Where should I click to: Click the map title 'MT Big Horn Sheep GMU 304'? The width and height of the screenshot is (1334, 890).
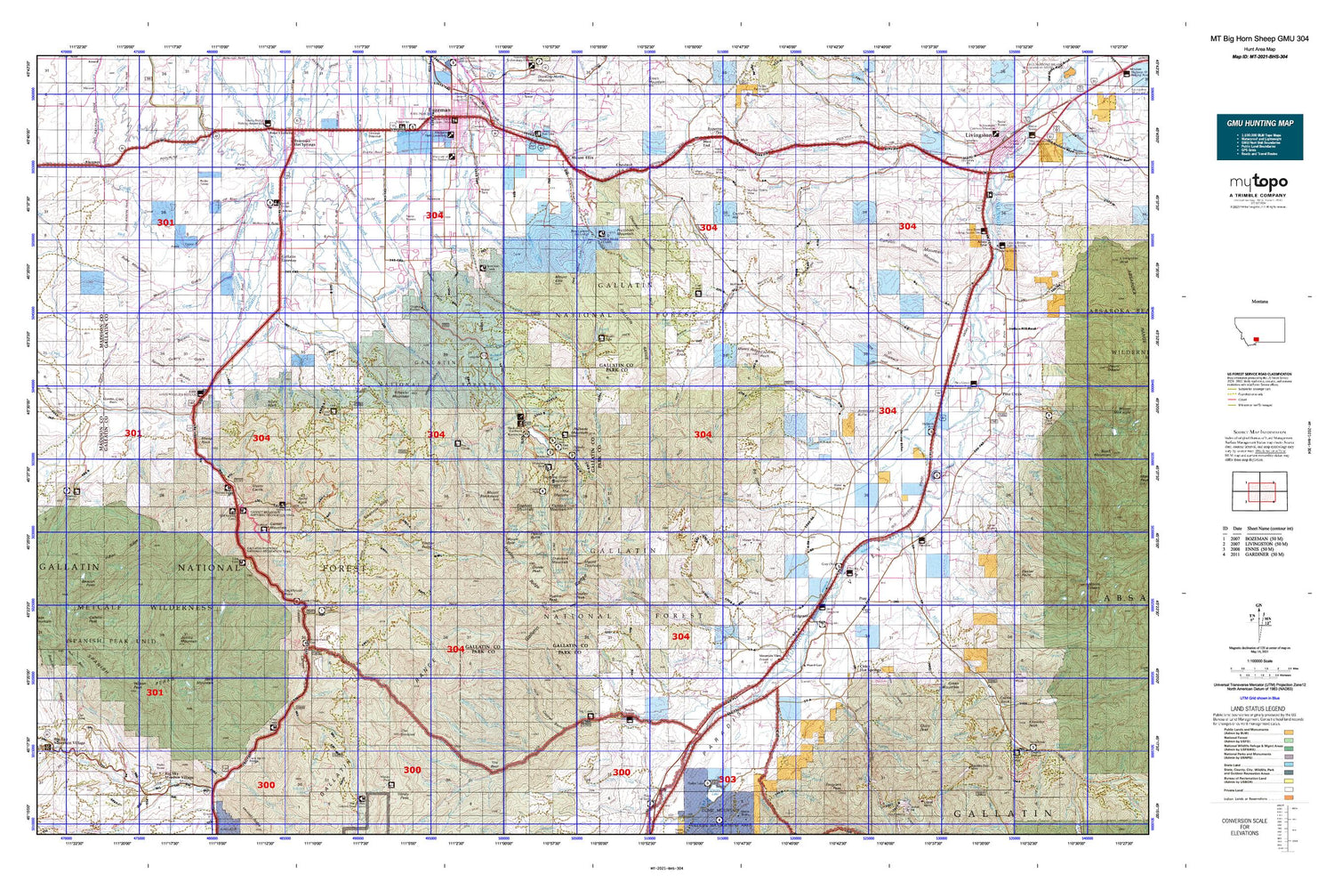point(1259,39)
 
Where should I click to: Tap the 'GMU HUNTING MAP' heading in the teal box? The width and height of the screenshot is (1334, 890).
point(1259,123)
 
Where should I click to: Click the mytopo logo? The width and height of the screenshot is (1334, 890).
point(1258,183)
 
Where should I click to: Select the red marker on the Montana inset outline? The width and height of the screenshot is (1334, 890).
point(1256,339)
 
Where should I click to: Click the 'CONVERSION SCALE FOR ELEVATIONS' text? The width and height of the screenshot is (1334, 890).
point(1244,827)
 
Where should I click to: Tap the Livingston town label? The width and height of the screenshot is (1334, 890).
point(978,135)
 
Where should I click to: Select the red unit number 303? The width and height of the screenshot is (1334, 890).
point(727,780)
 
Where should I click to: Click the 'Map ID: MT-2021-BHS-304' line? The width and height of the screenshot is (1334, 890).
point(1259,56)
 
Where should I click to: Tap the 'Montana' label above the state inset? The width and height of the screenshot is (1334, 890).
point(1259,303)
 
